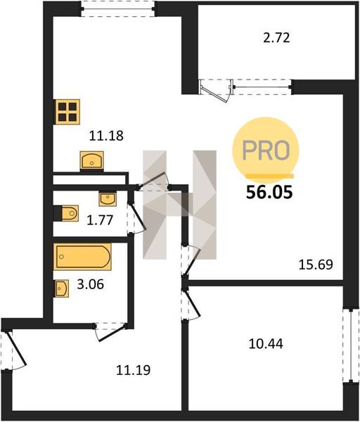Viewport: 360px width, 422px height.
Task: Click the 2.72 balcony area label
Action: click(x=276, y=38)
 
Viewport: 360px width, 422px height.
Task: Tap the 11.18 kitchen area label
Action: click(x=106, y=136)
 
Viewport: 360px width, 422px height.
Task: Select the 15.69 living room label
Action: click(x=316, y=264)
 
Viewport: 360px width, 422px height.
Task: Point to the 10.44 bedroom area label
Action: click(x=266, y=344)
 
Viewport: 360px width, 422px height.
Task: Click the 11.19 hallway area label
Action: click(x=133, y=370)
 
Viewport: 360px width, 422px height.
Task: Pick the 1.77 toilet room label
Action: click(x=100, y=220)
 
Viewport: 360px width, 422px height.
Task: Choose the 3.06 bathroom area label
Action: click(x=91, y=284)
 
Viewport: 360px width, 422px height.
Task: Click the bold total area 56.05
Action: click(x=269, y=192)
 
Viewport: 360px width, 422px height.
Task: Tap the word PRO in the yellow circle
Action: click(x=266, y=151)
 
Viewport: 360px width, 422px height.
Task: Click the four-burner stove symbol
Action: click(x=67, y=112)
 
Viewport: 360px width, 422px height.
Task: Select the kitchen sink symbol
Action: click(x=91, y=160)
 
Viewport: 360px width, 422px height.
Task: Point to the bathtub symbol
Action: click(x=82, y=257)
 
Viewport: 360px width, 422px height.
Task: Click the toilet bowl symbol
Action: click(x=67, y=213)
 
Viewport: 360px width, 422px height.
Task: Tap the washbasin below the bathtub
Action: click(x=62, y=288)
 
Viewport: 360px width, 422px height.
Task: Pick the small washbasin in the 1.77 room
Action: click(x=108, y=199)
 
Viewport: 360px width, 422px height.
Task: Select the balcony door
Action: click(x=216, y=90)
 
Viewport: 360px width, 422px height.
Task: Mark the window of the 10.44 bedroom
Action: click(x=351, y=346)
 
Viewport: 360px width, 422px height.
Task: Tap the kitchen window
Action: click(x=117, y=9)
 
